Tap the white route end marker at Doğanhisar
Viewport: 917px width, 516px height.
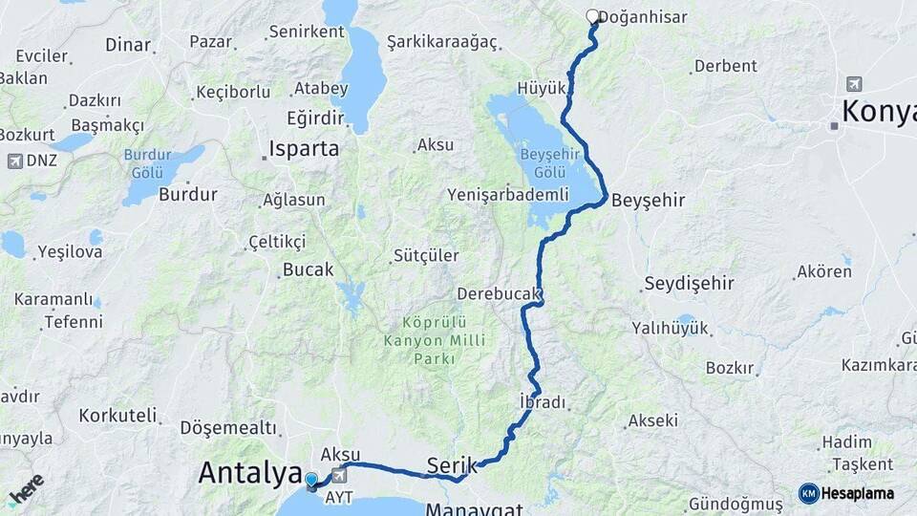[x=592, y=15]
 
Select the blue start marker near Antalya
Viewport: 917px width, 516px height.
[x=311, y=479]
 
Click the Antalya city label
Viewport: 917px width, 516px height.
[x=245, y=472]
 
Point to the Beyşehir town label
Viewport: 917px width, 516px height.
[x=648, y=200]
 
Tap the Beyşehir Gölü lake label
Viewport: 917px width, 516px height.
[x=544, y=163]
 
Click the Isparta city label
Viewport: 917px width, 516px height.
[x=303, y=148]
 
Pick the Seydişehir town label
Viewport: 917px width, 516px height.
[x=689, y=283]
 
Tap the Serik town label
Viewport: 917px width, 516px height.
[x=451, y=464]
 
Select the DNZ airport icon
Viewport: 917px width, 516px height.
[x=15, y=160]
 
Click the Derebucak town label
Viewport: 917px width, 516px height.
[x=500, y=293]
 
